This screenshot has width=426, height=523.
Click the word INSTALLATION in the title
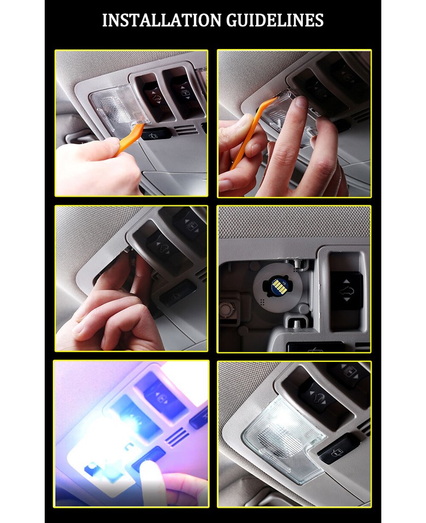156,21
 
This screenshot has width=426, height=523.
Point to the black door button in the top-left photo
155,133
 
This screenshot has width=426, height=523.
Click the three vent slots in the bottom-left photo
175,436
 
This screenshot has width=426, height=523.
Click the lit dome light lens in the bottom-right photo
283,435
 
